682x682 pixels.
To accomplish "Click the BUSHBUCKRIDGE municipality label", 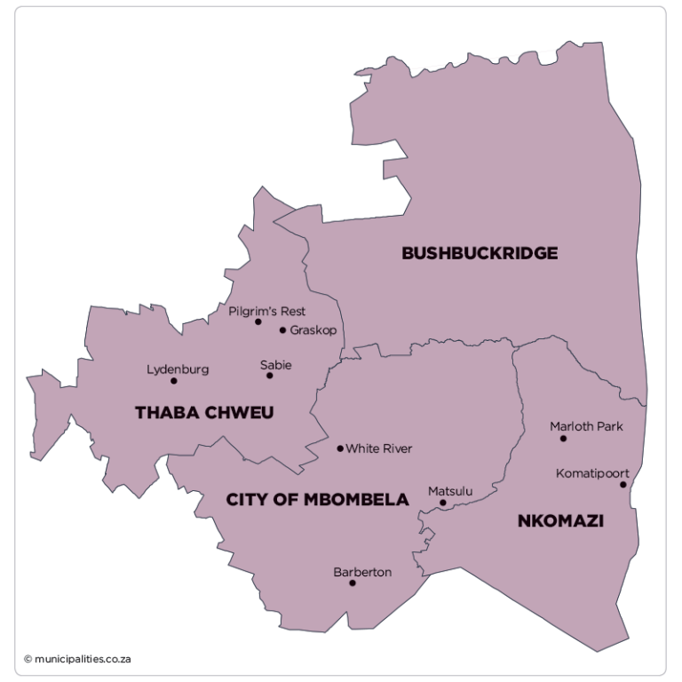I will coord(480,253).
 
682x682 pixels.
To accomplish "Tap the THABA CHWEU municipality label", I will coord(204,413).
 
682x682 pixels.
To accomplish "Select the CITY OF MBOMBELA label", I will coord(317,500).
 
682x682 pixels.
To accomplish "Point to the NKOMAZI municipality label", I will coord(560,521).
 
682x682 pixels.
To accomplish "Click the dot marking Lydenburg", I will coord(174,381).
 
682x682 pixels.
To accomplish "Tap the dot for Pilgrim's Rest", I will coord(258,321).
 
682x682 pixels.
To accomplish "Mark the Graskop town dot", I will coord(282,330).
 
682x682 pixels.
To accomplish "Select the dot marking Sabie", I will coord(270,376).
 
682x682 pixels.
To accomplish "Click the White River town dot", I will coord(340,448).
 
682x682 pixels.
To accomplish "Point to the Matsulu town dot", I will coord(443,503).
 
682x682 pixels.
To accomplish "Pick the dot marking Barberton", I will coord(353,583).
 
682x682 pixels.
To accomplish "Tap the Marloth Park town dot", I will coord(563,438).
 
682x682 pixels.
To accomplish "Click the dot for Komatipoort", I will coord(623,485).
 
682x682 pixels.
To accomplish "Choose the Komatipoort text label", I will coord(592,473).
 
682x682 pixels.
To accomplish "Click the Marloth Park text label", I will coord(586,426).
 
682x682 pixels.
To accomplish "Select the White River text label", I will coord(379,448).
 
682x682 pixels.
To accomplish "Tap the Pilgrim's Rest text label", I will coord(266,311).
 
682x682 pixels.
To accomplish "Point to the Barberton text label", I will coord(362,572).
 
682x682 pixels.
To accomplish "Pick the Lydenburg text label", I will coord(178,369).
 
